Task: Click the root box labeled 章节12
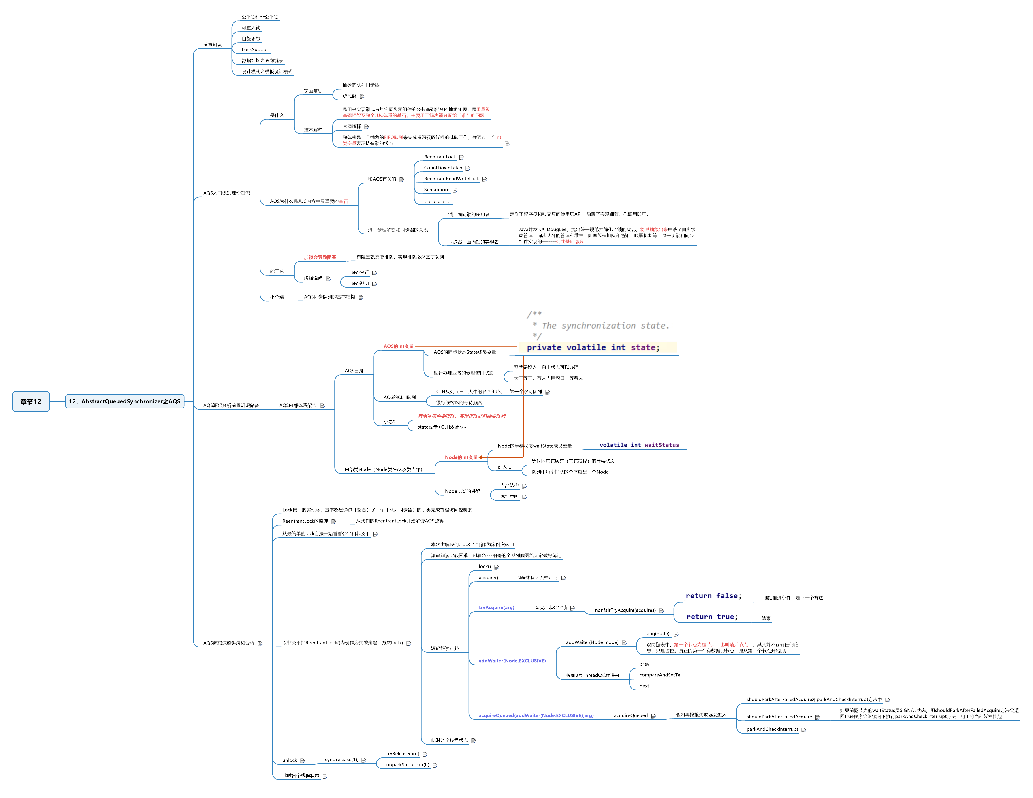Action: (31, 402)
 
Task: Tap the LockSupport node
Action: (255, 50)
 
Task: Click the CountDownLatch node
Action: (443, 168)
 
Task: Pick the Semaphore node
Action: (436, 190)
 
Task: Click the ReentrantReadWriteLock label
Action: (451, 179)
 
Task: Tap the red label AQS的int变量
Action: (398, 346)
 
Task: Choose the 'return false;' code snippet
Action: (713, 596)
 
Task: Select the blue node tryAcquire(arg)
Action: (496, 608)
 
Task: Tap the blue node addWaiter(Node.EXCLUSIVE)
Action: (512, 661)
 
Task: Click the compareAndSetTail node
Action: (661, 675)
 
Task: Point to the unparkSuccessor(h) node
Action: (407, 765)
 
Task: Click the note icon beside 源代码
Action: (362, 96)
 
